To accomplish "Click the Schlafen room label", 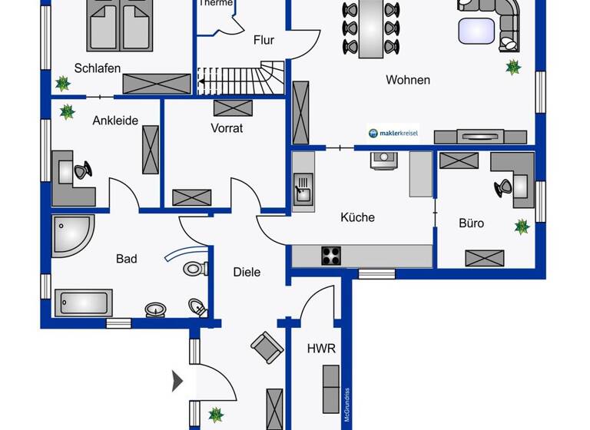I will click(x=98, y=68).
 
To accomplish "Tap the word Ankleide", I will click(x=115, y=121).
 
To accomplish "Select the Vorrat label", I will click(x=227, y=128).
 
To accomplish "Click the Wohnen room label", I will click(x=408, y=80).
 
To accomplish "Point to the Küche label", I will click(x=357, y=217).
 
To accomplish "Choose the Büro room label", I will click(x=471, y=223).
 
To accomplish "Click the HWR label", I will click(x=321, y=349).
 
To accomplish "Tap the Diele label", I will click(x=247, y=272).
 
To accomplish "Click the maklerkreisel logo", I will click(x=393, y=134).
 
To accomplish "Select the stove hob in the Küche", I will click(x=331, y=256).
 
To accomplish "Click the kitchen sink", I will click(x=303, y=187).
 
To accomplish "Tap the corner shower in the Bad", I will click(x=71, y=234).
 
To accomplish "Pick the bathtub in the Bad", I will click(x=83, y=303).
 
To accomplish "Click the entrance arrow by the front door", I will click(x=177, y=380).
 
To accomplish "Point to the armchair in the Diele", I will click(x=267, y=348).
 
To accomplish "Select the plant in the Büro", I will click(x=522, y=227).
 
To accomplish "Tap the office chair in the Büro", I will click(x=504, y=187).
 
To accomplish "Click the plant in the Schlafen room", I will click(x=61, y=82).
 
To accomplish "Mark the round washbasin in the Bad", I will click(x=156, y=309).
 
